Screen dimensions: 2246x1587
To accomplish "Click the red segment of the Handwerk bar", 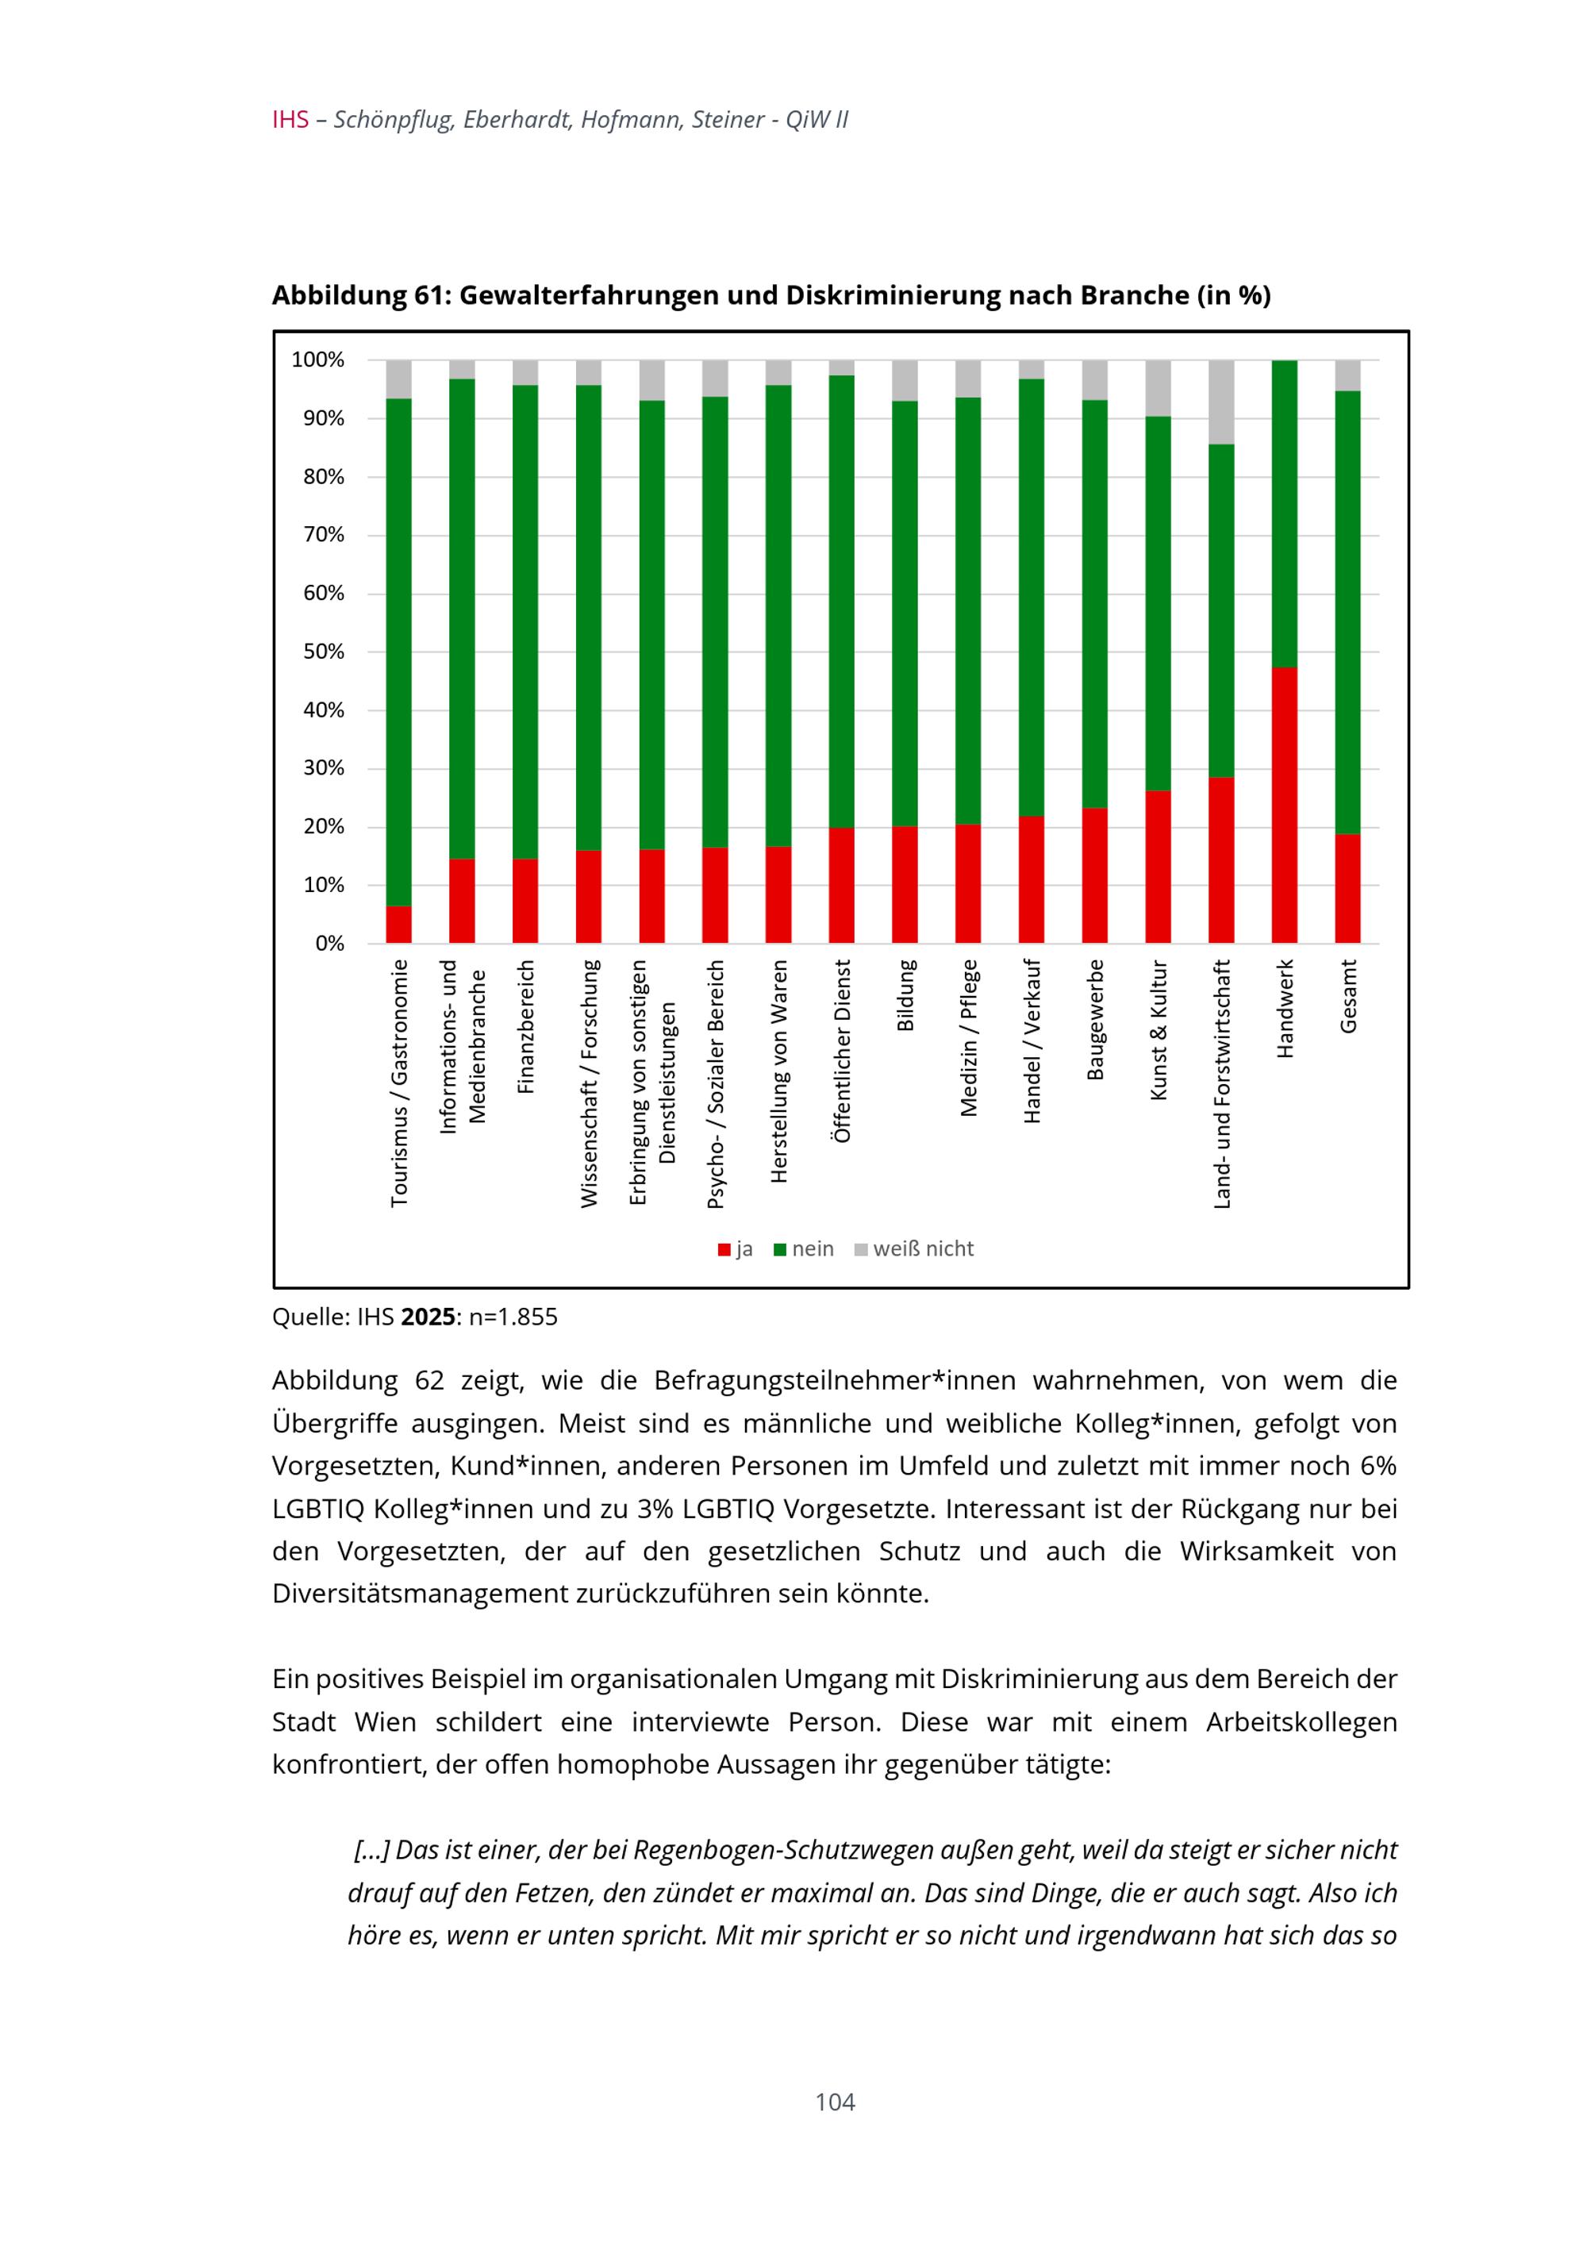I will [1284, 804].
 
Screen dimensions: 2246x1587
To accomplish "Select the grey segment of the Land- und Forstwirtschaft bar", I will [1221, 402].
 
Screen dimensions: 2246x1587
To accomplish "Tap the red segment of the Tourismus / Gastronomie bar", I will [398, 925].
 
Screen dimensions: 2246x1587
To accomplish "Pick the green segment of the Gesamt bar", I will [1347, 611].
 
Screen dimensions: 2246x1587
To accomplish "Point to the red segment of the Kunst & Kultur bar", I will [1158, 867].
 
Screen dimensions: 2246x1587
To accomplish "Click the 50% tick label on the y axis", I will [324, 652].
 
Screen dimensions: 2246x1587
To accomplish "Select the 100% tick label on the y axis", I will [319, 360].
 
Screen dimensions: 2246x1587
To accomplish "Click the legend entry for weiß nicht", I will [922, 1249].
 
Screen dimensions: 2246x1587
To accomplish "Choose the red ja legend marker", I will [724, 1250].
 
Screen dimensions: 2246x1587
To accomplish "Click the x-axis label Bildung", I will [905, 995].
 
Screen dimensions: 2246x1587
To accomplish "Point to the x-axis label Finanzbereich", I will [525, 1026].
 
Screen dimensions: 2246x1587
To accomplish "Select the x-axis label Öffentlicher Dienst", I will [842, 1051].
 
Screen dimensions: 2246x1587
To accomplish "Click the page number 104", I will [835, 2102].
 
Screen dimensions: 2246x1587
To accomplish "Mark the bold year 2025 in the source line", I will [428, 1317].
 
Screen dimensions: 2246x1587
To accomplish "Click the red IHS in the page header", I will [290, 121].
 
